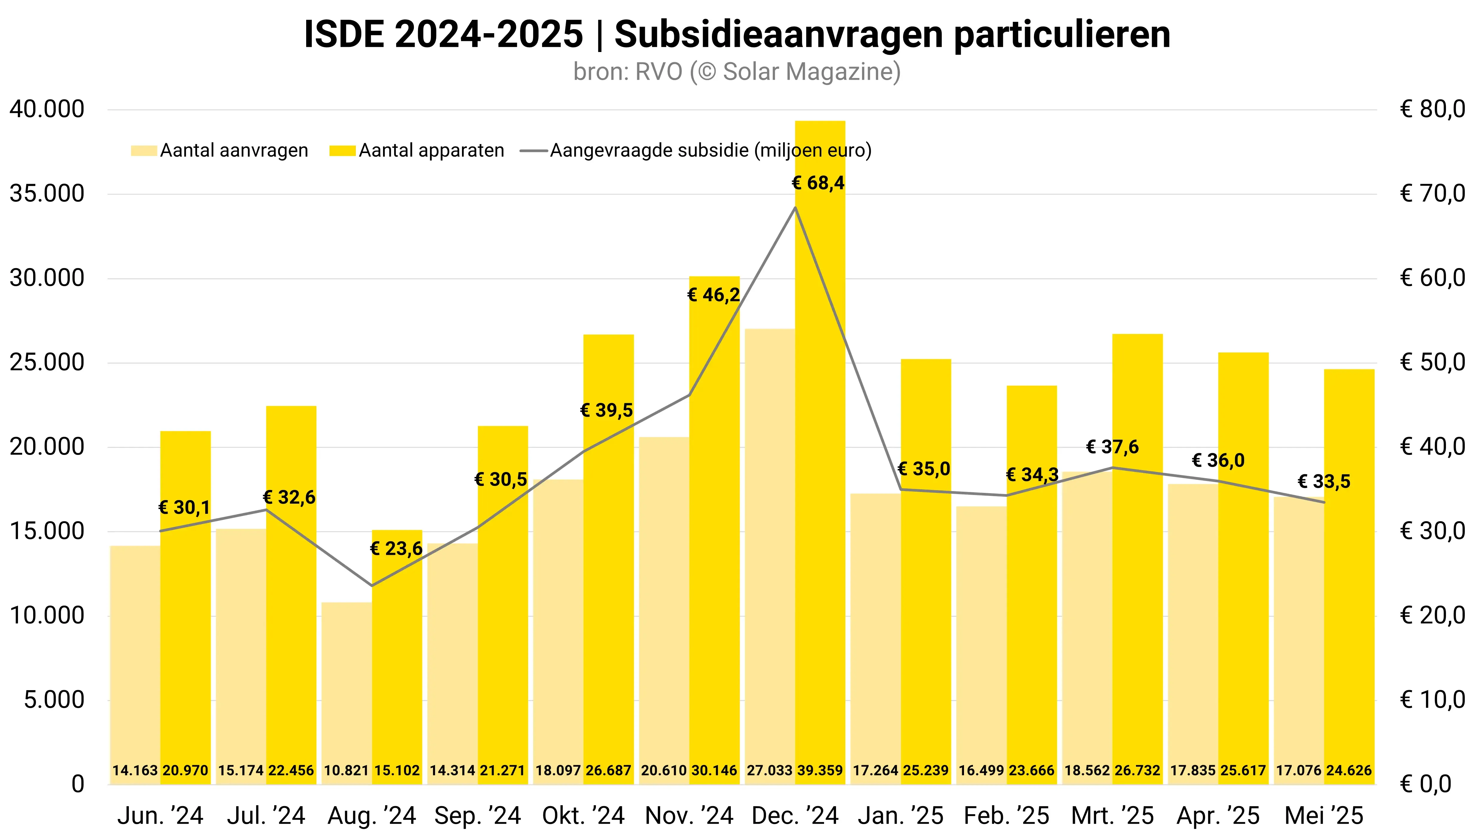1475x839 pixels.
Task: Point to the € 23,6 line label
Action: click(x=396, y=548)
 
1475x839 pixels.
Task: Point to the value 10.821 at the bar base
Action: click(x=347, y=771)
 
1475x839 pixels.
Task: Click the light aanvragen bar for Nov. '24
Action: click(x=664, y=605)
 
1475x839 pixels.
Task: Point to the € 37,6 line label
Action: click(x=1112, y=447)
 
